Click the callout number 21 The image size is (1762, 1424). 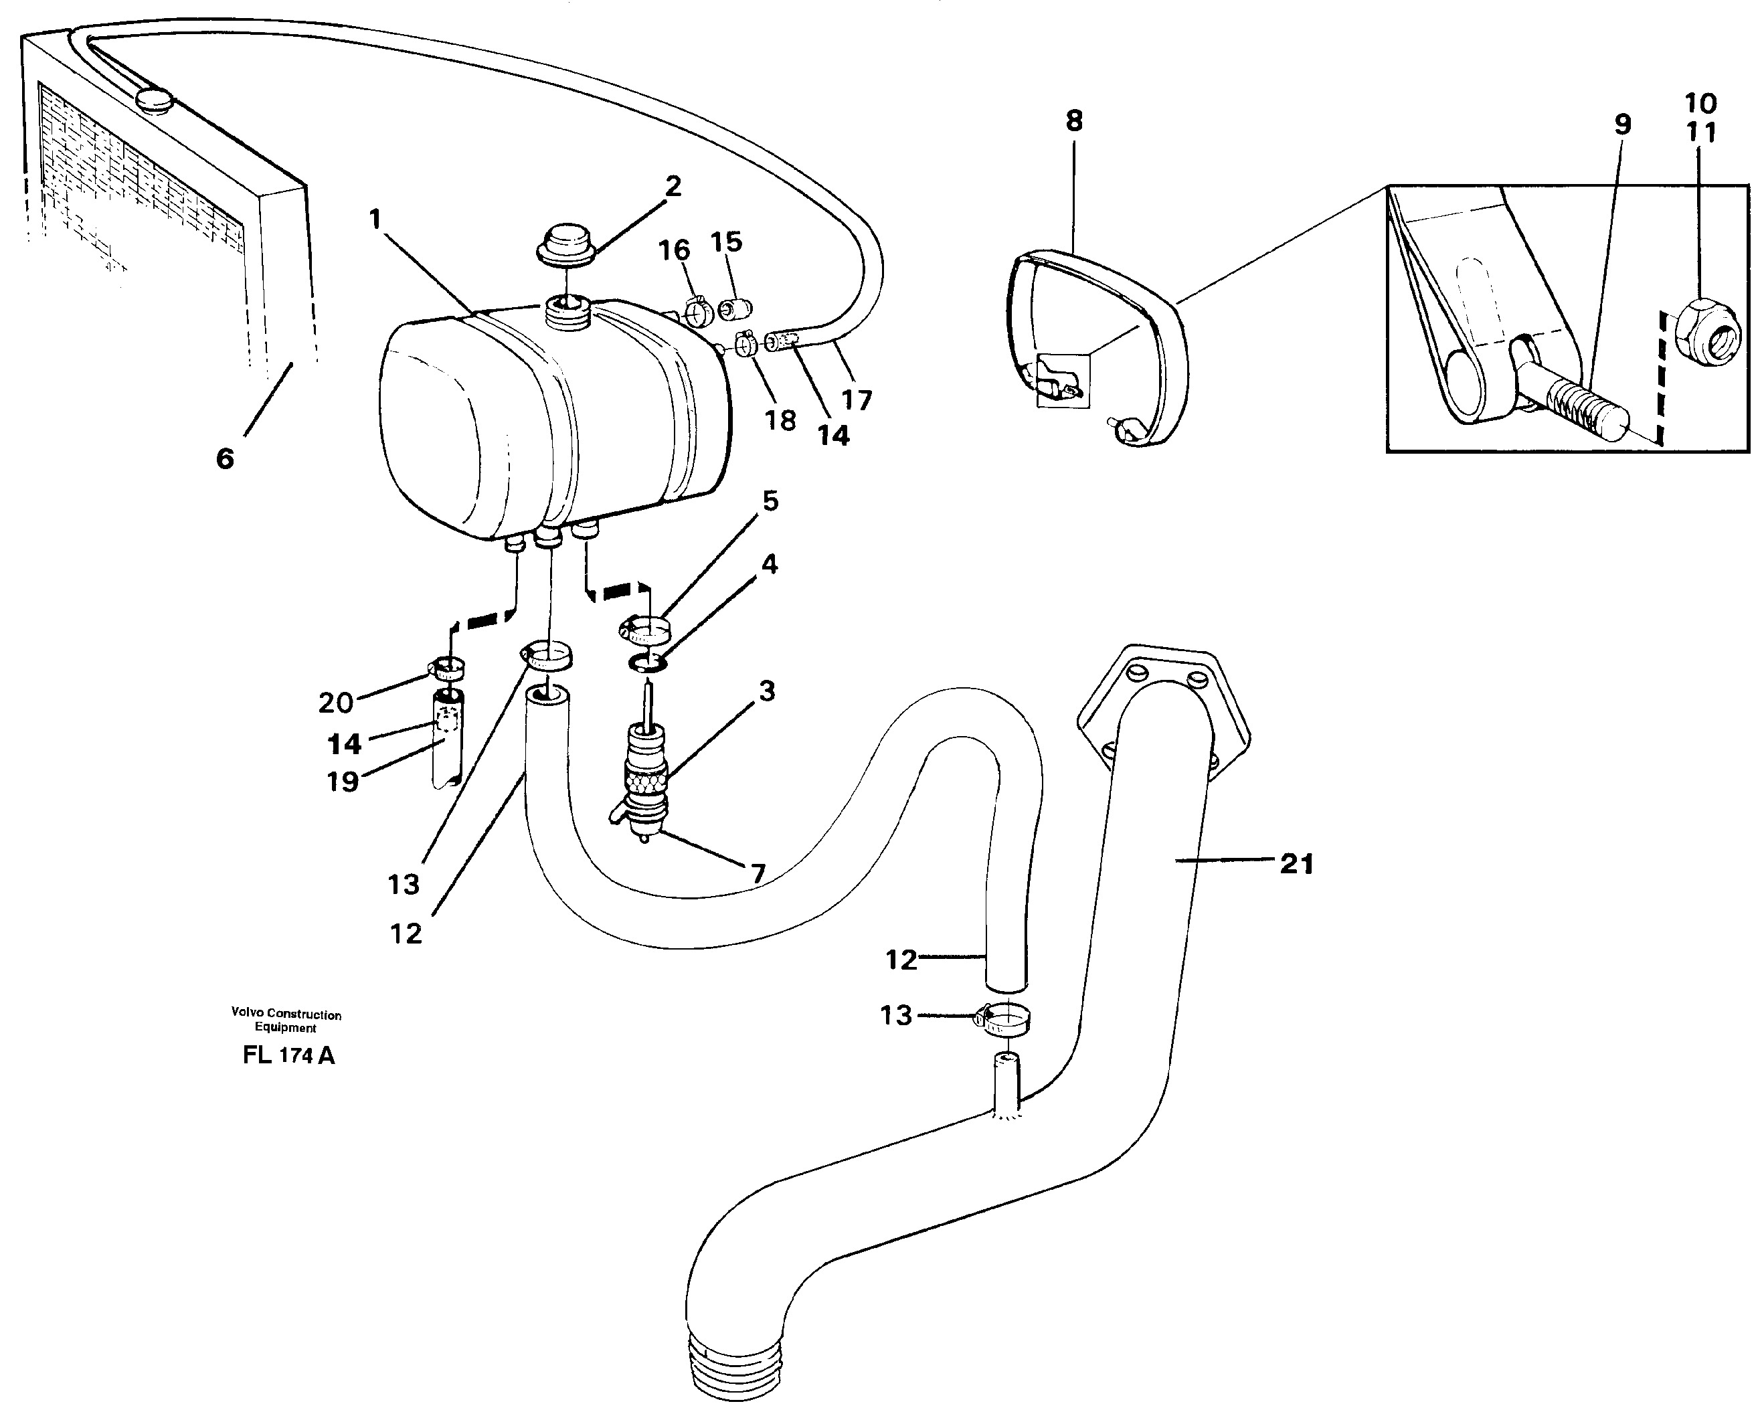click(x=1296, y=864)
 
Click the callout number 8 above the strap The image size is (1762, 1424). click(x=1074, y=121)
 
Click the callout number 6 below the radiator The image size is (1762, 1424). click(x=225, y=458)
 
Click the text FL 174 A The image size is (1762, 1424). click(x=288, y=1056)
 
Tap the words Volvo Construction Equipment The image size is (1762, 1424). click(x=286, y=1020)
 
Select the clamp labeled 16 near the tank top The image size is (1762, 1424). click(x=697, y=313)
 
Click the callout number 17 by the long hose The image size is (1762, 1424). click(x=857, y=399)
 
